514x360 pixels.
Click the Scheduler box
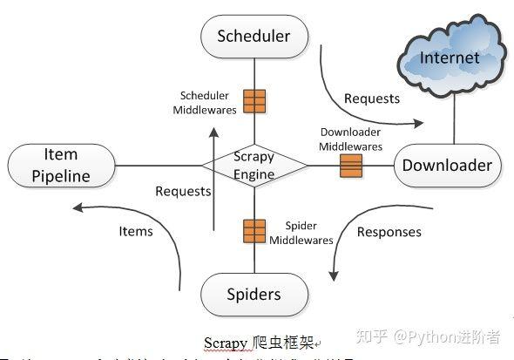tap(254, 37)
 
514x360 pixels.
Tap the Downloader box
tap(447, 166)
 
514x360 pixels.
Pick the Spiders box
tap(254, 294)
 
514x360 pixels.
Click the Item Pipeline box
tap(61, 166)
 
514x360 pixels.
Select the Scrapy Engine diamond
tap(254, 166)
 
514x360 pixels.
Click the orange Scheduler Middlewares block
tap(254, 102)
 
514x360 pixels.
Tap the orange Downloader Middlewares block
tap(351, 166)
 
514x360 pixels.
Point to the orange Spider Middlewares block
tap(254, 231)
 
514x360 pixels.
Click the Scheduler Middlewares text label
tap(205, 102)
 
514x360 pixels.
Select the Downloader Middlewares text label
tap(350, 140)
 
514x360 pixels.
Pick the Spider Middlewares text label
tap(301, 233)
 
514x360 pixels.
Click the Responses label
tap(389, 232)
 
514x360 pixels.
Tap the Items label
tap(136, 231)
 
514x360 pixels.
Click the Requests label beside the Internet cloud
tap(372, 98)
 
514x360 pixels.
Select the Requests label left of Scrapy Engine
tap(183, 191)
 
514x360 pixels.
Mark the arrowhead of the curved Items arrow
tap(77, 208)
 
